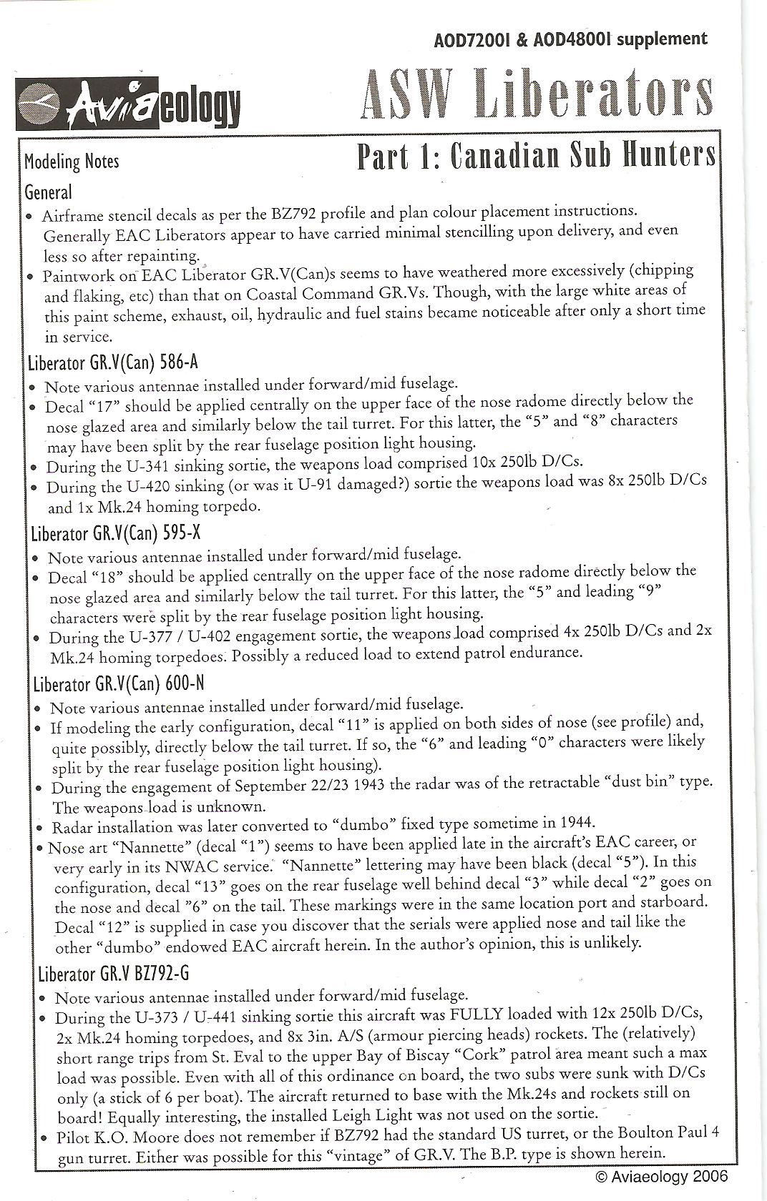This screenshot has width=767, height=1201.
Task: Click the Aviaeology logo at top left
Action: click(x=130, y=108)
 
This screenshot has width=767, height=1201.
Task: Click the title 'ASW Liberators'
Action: click(x=537, y=97)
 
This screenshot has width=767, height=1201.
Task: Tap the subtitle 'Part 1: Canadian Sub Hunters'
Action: click(x=536, y=156)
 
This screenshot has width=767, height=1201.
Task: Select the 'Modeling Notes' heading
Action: click(x=72, y=162)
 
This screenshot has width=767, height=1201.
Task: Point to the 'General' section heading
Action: click(x=48, y=192)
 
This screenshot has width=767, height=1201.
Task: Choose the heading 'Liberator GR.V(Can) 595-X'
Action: click(x=116, y=533)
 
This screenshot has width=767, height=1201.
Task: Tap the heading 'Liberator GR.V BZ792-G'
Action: click(x=114, y=974)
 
